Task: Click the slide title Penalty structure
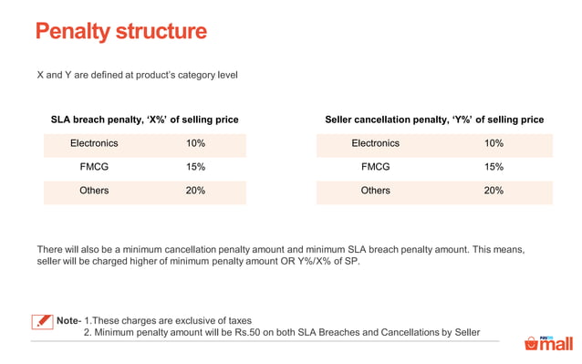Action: tap(120, 33)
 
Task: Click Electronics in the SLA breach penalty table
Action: tap(94, 143)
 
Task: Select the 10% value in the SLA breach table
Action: tap(195, 143)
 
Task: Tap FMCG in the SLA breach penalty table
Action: tap(94, 167)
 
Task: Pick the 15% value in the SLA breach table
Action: tap(195, 167)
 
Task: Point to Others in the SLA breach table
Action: tap(94, 191)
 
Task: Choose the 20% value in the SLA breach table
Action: tap(195, 191)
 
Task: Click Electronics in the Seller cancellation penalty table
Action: tap(375, 143)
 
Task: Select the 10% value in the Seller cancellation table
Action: tap(494, 143)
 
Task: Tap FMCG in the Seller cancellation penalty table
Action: tap(375, 167)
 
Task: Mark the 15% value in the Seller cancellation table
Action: tap(494, 167)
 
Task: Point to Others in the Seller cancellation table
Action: tap(375, 191)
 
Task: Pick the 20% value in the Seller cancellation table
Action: tap(494, 191)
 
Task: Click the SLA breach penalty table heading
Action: tap(144, 120)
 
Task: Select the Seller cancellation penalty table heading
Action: tap(434, 120)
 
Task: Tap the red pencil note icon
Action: tap(42, 321)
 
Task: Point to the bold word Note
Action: tap(68, 320)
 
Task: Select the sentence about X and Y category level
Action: tap(137, 74)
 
